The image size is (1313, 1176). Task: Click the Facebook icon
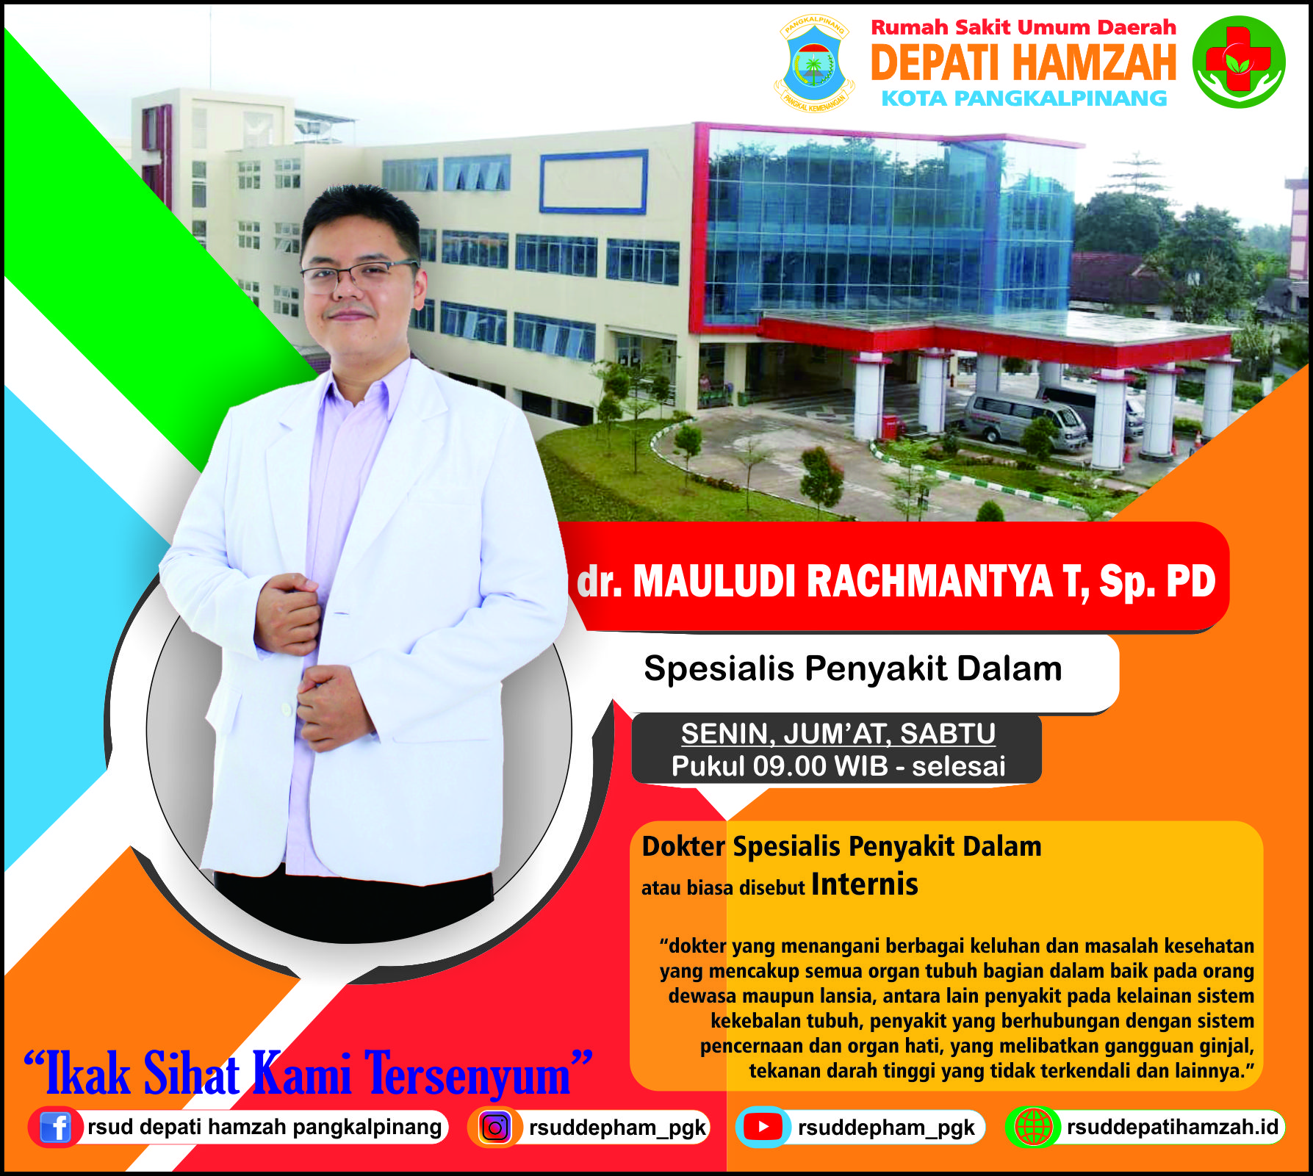coord(55,1127)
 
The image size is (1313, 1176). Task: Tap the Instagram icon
coord(495,1128)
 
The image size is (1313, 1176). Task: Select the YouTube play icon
coord(763,1127)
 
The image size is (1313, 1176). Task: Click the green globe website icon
coord(1033,1127)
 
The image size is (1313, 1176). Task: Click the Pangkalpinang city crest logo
coord(814,64)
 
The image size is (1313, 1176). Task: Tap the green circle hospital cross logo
coord(1238,62)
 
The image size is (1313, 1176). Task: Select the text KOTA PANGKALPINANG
coord(1024,98)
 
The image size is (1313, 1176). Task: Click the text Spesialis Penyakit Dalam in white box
coord(853,668)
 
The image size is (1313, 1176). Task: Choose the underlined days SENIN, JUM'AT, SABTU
coord(838,733)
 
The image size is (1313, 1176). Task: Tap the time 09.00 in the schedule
coord(789,766)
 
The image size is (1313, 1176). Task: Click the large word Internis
coord(864,884)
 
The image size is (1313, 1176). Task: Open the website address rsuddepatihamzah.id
coord(1173,1127)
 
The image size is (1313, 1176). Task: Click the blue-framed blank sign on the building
coord(594,181)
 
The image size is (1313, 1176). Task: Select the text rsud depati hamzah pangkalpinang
coord(265,1127)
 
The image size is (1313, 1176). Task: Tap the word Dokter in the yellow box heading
coord(683,846)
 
